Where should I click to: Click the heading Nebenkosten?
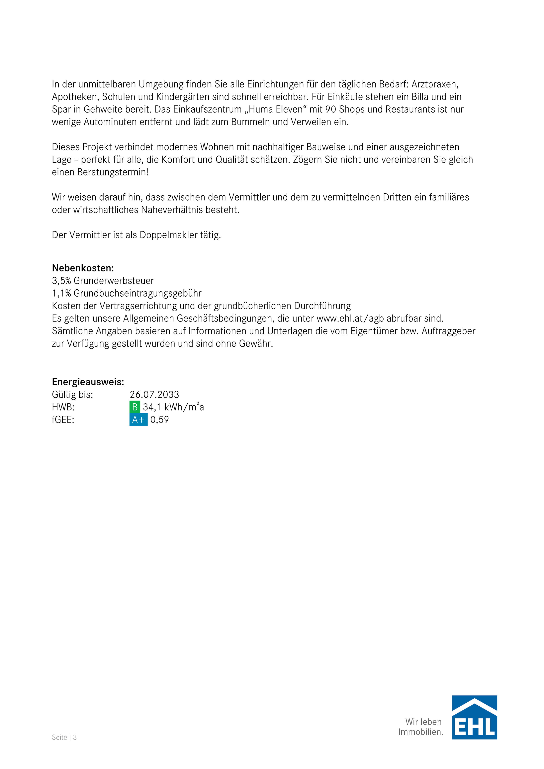(83, 268)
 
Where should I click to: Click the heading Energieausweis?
(88, 382)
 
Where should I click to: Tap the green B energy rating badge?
(135, 407)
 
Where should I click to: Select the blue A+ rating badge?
(138, 420)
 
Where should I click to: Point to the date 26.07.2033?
(155, 395)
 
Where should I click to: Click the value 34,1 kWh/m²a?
(173, 407)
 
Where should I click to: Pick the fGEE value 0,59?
(159, 420)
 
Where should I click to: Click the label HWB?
(63, 407)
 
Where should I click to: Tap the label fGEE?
(63, 420)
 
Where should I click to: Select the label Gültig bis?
(72, 395)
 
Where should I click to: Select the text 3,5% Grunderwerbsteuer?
(103, 281)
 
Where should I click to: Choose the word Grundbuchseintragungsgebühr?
(137, 293)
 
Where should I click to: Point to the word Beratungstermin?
(113, 172)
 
